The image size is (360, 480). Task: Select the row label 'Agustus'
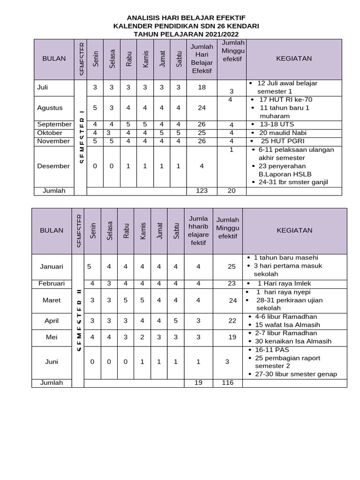point(50,108)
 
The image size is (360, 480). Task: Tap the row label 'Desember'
point(53,166)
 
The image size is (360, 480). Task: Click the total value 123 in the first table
point(202,191)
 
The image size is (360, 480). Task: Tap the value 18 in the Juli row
point(202,88)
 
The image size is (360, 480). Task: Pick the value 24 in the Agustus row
point(202,108)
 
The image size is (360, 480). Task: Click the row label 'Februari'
point(52,284)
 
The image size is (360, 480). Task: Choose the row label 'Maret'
point(52,300)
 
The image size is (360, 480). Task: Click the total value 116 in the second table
point(228,383)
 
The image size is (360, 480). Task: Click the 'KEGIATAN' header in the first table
point(294,59)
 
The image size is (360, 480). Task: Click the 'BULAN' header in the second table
point(52,231)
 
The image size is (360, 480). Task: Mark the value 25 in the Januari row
point(232,267)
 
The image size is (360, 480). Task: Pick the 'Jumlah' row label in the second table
point(52,383)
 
